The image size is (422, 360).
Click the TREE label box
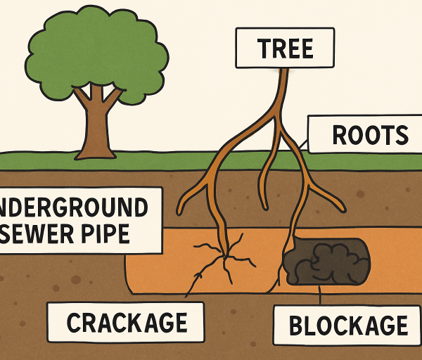click(x=274, y=49)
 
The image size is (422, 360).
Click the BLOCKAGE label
click(x=349, y=325)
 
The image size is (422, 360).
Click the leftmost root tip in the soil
click(x=181, y=210)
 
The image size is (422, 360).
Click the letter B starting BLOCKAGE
click(x=297, y=326)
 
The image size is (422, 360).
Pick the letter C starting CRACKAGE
click(x=75, y=323)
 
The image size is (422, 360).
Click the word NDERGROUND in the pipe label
click(x=74, y=207)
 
